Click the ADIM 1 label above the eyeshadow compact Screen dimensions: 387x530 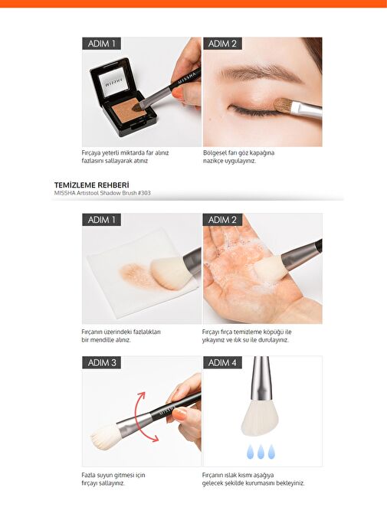point(101,44)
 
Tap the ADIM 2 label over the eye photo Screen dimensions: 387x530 point(222,44)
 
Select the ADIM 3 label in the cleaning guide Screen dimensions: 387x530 point(101,363)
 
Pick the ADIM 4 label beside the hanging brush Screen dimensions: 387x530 point(222,363)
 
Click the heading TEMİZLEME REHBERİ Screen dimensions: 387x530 point(92,185)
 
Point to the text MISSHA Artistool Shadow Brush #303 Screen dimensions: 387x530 point(103,193)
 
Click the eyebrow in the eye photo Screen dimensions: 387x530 point(260,73)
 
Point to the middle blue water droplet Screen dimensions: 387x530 point(261,452)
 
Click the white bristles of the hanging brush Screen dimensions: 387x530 point(260,417)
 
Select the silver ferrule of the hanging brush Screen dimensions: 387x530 point(261,378)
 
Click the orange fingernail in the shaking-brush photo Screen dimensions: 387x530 point(179,414)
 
